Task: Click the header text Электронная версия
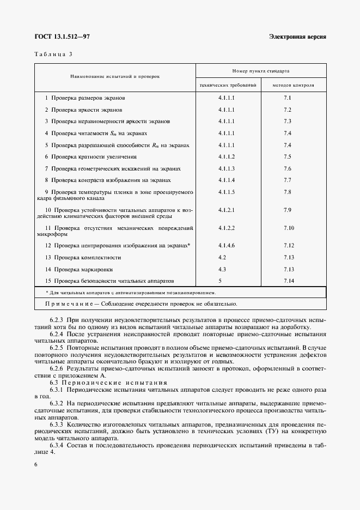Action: tap(297, 37)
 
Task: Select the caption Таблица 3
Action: tap(52, 54)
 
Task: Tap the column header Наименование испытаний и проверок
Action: tap(115, 77)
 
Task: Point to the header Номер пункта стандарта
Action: tap(260, 71)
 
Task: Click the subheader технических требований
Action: tap(228, 86)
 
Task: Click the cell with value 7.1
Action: tap(288, 98)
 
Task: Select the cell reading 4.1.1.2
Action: tap(226, 156)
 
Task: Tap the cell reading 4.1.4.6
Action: tap(226, 246)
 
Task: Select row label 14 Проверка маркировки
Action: tap(78, 269)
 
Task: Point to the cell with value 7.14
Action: tap(289, 281)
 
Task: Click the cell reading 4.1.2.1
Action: tap(226, 210)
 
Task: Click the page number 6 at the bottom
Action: tap(36, 463)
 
